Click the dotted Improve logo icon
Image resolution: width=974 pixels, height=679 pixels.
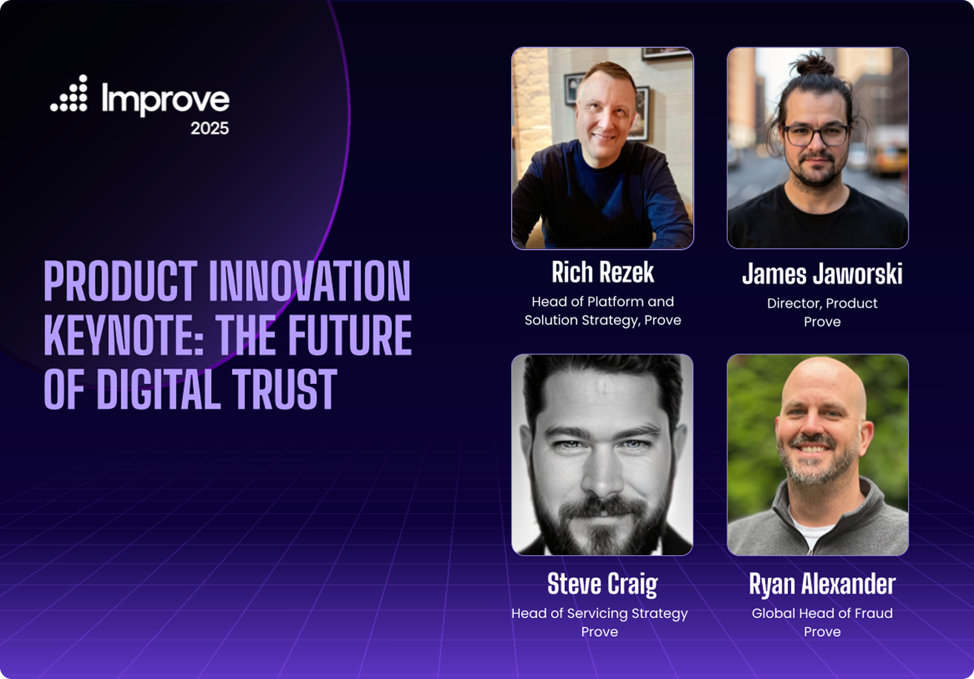click(70, 94)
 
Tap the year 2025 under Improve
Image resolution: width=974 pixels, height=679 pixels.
click(210, 128)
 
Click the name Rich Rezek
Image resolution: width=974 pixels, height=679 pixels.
click(602, 273)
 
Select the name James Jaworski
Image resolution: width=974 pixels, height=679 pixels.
click(822, 274)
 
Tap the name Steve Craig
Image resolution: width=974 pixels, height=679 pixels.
click(602, 584)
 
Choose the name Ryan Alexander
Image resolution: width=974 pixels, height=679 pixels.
click(822, 584)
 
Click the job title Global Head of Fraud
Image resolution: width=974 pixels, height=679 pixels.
click(822, 614)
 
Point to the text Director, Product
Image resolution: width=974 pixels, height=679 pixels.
click(822, 303)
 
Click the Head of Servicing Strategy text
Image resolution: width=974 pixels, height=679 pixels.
click(599, 614)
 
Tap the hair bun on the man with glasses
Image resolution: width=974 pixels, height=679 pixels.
click(814, 64)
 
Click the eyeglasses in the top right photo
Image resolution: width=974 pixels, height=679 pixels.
click(816, 135)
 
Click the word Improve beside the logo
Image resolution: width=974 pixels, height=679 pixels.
click(165, 99)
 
